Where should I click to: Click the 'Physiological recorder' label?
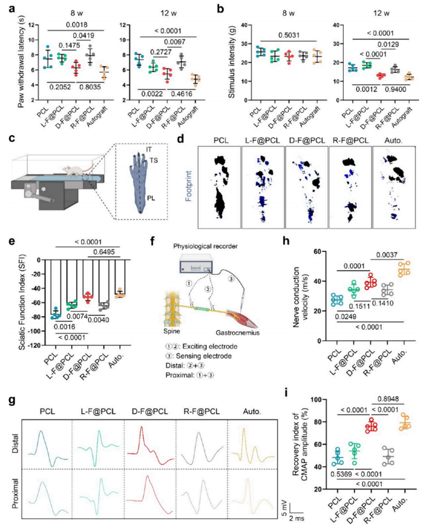[205, 247]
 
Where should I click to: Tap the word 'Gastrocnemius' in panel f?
[238, 333]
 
